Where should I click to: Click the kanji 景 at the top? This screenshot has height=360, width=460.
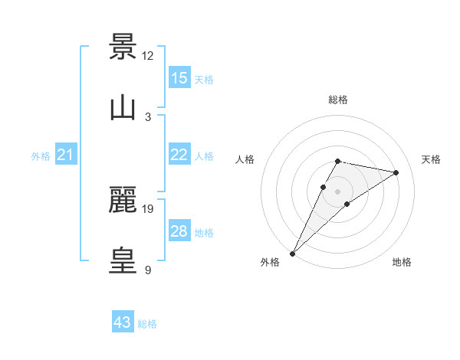pos(123,47)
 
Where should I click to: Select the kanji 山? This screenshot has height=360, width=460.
pos(123,108)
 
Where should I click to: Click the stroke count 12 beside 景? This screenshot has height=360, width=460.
pos(148,55)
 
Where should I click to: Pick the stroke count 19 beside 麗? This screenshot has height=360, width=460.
pos(148,208)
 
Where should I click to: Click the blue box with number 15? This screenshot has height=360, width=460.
pos(179,78)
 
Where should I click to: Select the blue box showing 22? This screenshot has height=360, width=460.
pos(179,155)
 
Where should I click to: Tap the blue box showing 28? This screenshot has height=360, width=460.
pos(179,231)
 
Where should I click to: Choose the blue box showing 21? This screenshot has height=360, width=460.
pos(66,155)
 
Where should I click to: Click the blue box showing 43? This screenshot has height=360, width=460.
pos(123,322)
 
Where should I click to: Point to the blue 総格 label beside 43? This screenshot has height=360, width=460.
pos(147,324)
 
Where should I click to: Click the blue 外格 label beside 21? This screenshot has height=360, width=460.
pos(41,156)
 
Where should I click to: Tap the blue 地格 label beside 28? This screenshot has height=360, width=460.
pos(204,233)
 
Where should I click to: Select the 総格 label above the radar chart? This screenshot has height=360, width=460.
pos(338,100)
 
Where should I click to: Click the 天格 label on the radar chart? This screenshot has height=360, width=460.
pos(431,159)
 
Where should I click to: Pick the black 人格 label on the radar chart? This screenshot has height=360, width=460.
pos(245,159)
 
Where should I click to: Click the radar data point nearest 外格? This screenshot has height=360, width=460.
pos(292,254)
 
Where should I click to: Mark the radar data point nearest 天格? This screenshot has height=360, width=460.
pos(396,172)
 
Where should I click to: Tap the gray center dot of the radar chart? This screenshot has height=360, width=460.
pos(338,191)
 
